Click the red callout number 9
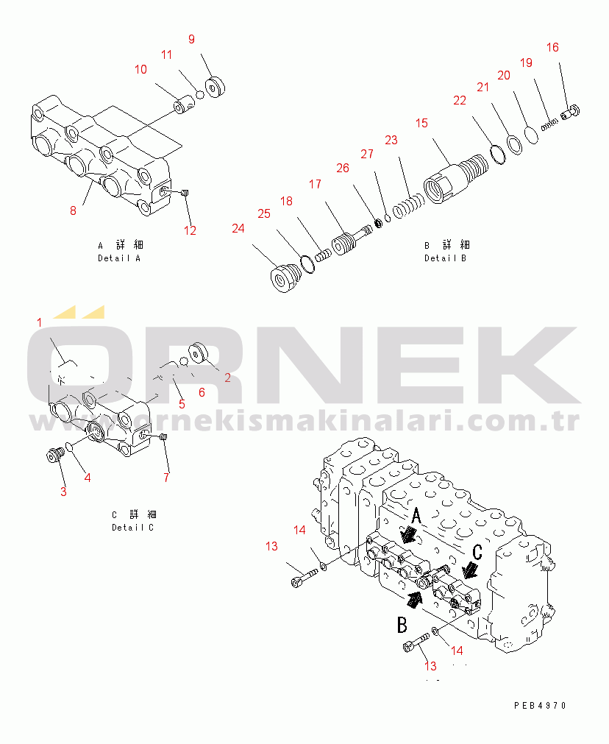click(x=191, y=40)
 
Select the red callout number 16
click(x=552, y=48)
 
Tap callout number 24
click(x=238, y=229)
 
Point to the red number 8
click(x=73, y=211)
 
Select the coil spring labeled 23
click(x=407, y=205)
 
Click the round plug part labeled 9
click(x=216, y=88)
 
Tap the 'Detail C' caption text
click(x=133, y=521)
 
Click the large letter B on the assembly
click(x=402, y=626)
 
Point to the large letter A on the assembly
click(x=416, y=516)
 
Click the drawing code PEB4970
click(x=540, y=705)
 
